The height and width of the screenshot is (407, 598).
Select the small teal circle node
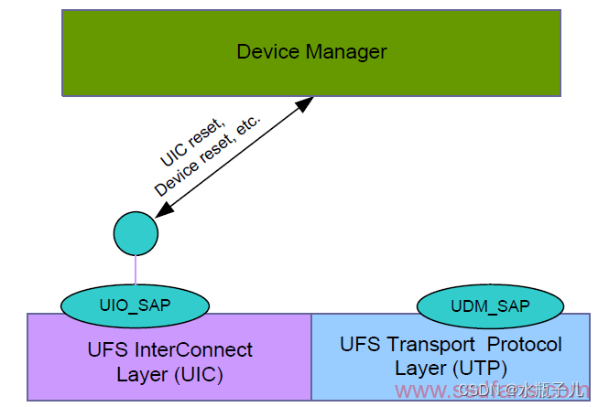point(136,233)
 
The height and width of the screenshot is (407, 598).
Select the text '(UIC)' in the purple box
point(198,374)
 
